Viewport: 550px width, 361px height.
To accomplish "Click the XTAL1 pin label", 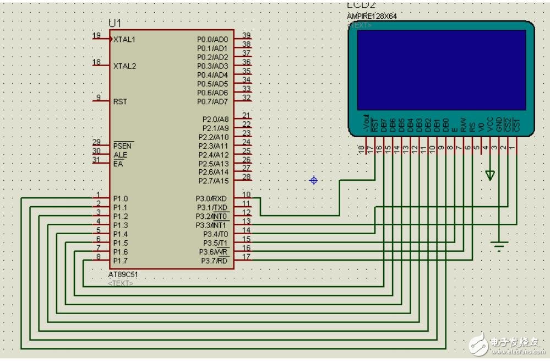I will [x=124, y=40].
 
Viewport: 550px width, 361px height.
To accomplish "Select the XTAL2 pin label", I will [x=124, y=66].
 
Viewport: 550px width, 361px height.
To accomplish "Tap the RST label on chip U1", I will [x=120, y=101].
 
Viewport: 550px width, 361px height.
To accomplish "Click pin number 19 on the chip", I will [x=96, y=36].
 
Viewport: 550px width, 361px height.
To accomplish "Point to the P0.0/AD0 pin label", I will [x=213, y=40].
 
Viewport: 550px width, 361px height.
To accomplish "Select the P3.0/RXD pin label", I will [x=212, y=198].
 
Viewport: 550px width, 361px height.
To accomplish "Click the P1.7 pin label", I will [x=121, y=260].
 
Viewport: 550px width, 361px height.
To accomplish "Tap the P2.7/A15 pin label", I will [x=214, y=181].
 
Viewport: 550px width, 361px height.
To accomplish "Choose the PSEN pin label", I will [x=123, y=146].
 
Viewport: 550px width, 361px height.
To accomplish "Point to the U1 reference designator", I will [x=115, y=23].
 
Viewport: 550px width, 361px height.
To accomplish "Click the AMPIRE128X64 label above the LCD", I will [x=372, y=16].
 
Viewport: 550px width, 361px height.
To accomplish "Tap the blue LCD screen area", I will [x=441, y=69].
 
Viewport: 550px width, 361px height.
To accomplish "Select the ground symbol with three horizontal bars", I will [x=499, y=246].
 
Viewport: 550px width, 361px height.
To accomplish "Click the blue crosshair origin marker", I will [x=313, y=180].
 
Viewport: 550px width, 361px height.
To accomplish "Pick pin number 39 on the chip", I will [x=246, y=36].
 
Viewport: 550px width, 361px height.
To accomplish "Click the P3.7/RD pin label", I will [x=214, y=260].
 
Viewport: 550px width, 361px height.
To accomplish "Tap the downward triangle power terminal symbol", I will [x=490, y=175].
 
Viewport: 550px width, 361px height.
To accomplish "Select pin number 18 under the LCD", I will [x=361, y=149].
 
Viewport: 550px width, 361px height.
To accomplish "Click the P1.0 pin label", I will [x=121, y=198].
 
